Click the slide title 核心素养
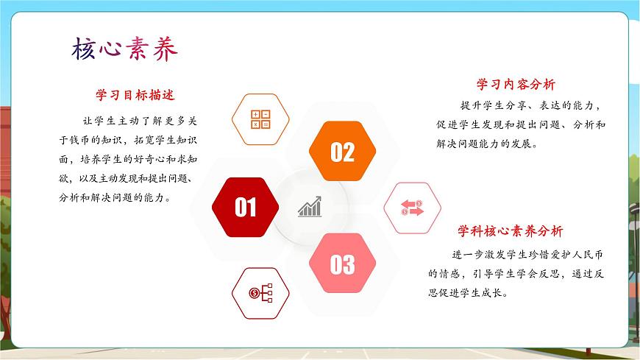pyautogui.click(x=124, y=50)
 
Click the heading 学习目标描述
pyautogui.click(x=135, y=95)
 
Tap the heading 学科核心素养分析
pyautogui.click(x=511, y=231)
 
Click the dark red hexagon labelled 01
pyautogui.click(x=245, y=208)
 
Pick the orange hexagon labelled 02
pyautogui.click(x=342, y=152)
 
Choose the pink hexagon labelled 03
pyautogui.click(x=342, y=264)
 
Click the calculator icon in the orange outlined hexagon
pyautogui.click(x=261, y=119)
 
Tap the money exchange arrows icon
pyautogui.click(x=412, y=208)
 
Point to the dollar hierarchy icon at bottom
pyautogui.click(x=260, y=293)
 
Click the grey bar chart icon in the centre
pyautogui.click(x=310, y=207)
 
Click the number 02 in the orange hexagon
pyautogui.click(x=342, y=152)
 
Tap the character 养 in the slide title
pyautogui.click(x=164, y=50)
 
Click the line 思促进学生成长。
pyautogui.click(x=469, y=292)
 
